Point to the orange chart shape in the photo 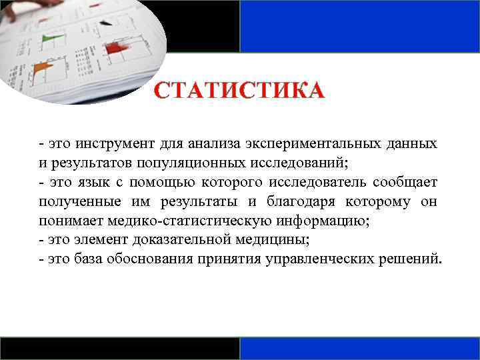42,67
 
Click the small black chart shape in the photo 105,22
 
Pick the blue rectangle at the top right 359,26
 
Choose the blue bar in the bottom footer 359,348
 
